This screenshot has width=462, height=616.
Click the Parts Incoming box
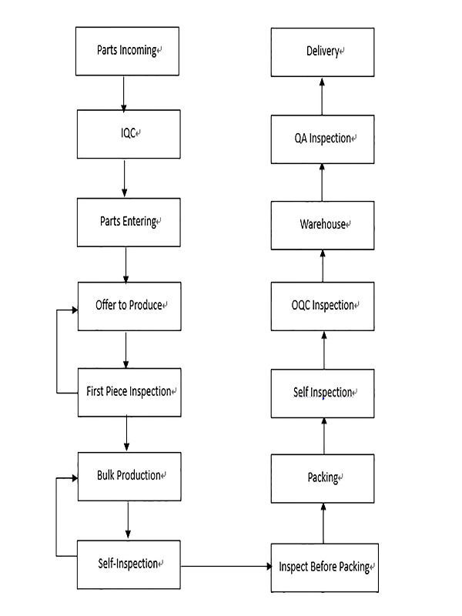127,51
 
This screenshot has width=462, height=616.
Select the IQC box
129,134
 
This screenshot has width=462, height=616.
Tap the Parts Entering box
129,223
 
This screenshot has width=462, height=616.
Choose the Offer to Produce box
129,306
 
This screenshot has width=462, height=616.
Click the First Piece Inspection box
129,393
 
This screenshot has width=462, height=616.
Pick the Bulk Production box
129,477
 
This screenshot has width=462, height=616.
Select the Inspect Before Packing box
325,567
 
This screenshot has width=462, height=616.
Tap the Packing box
323,478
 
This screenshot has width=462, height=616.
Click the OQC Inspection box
323,306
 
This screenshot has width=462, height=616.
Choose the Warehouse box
323,226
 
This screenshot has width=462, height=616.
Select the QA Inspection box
323,139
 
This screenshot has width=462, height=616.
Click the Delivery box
323,52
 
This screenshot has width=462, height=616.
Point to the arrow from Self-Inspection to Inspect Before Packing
226,566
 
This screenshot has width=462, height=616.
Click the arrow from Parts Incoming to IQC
124,94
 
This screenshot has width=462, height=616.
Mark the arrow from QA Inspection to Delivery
322,97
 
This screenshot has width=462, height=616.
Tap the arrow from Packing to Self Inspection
324,436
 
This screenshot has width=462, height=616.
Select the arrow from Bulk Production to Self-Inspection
128,520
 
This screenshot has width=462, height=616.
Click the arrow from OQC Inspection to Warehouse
323,266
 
